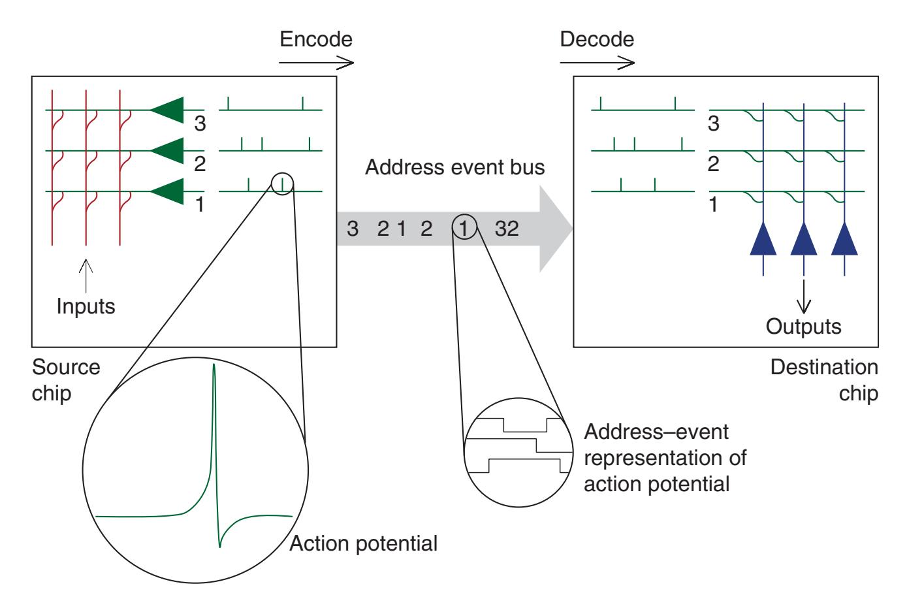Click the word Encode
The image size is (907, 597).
tap(315, 40)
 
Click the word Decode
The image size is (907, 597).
tap(597, 39)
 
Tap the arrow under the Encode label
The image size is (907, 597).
tap(316, 63)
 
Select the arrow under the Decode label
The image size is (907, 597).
tap(597, 63)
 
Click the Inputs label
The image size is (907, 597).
tap(86, 306)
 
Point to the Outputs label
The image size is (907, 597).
tap(803, 327)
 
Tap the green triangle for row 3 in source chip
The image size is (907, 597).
tap(167, 109)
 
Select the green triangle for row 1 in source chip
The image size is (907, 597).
tap(167, 191)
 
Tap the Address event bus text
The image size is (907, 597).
tap(454, 168)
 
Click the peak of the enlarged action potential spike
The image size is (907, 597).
tap(214, 367)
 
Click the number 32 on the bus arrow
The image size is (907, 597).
tap(507, 229)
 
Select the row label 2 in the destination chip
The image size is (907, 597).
tap(713, 164)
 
